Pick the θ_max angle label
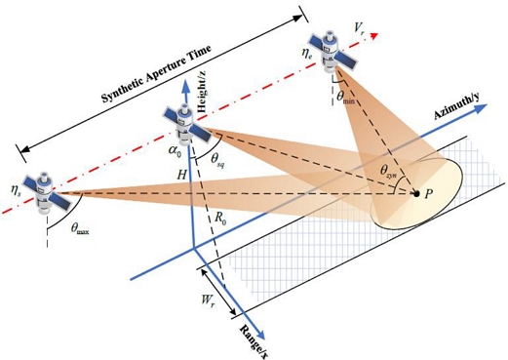[x=85, y=230]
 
